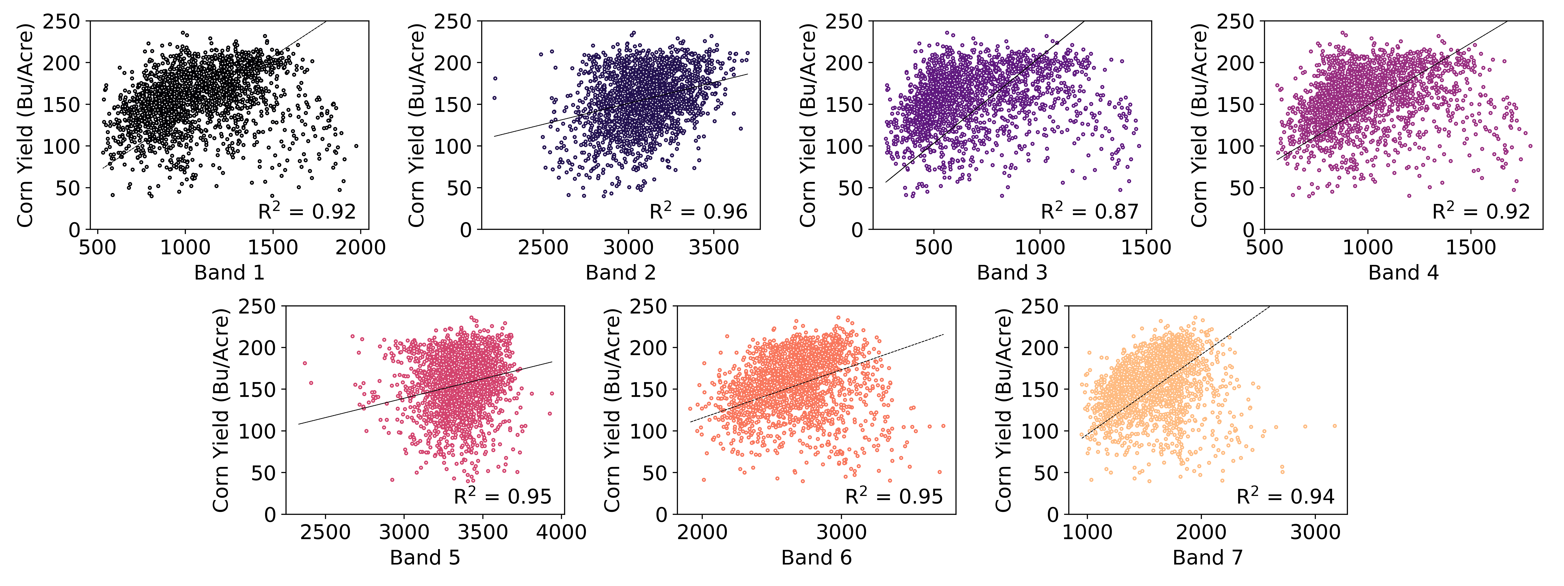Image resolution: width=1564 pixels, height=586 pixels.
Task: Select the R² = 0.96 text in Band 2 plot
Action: click(698, 211)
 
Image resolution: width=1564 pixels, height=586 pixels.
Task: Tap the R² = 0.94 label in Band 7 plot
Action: click(1285, 496)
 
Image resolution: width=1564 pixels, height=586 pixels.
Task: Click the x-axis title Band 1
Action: click(230, 272)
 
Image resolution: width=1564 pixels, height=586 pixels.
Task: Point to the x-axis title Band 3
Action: click(1012, 272)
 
